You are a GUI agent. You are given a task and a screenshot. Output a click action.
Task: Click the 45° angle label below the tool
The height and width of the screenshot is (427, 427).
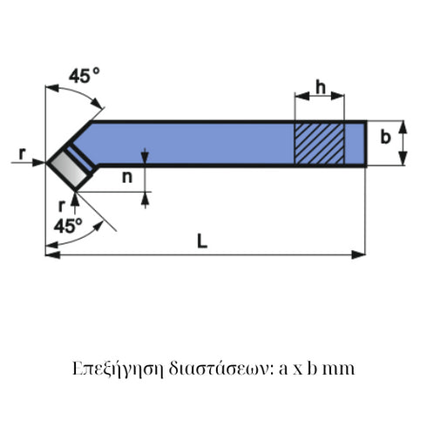(x=68, y=225)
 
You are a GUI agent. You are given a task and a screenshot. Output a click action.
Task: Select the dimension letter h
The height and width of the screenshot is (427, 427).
(x=320, y=88)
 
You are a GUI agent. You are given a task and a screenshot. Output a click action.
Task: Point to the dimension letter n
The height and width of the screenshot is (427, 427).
(x=127, y=178)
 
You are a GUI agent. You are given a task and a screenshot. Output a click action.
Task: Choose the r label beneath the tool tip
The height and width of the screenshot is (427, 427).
(x=60, y=205)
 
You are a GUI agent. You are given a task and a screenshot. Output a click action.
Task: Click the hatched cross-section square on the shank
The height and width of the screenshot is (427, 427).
(x=319, y=142)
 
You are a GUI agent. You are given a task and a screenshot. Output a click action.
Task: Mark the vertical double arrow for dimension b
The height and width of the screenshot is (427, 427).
(x=403, y=142)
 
